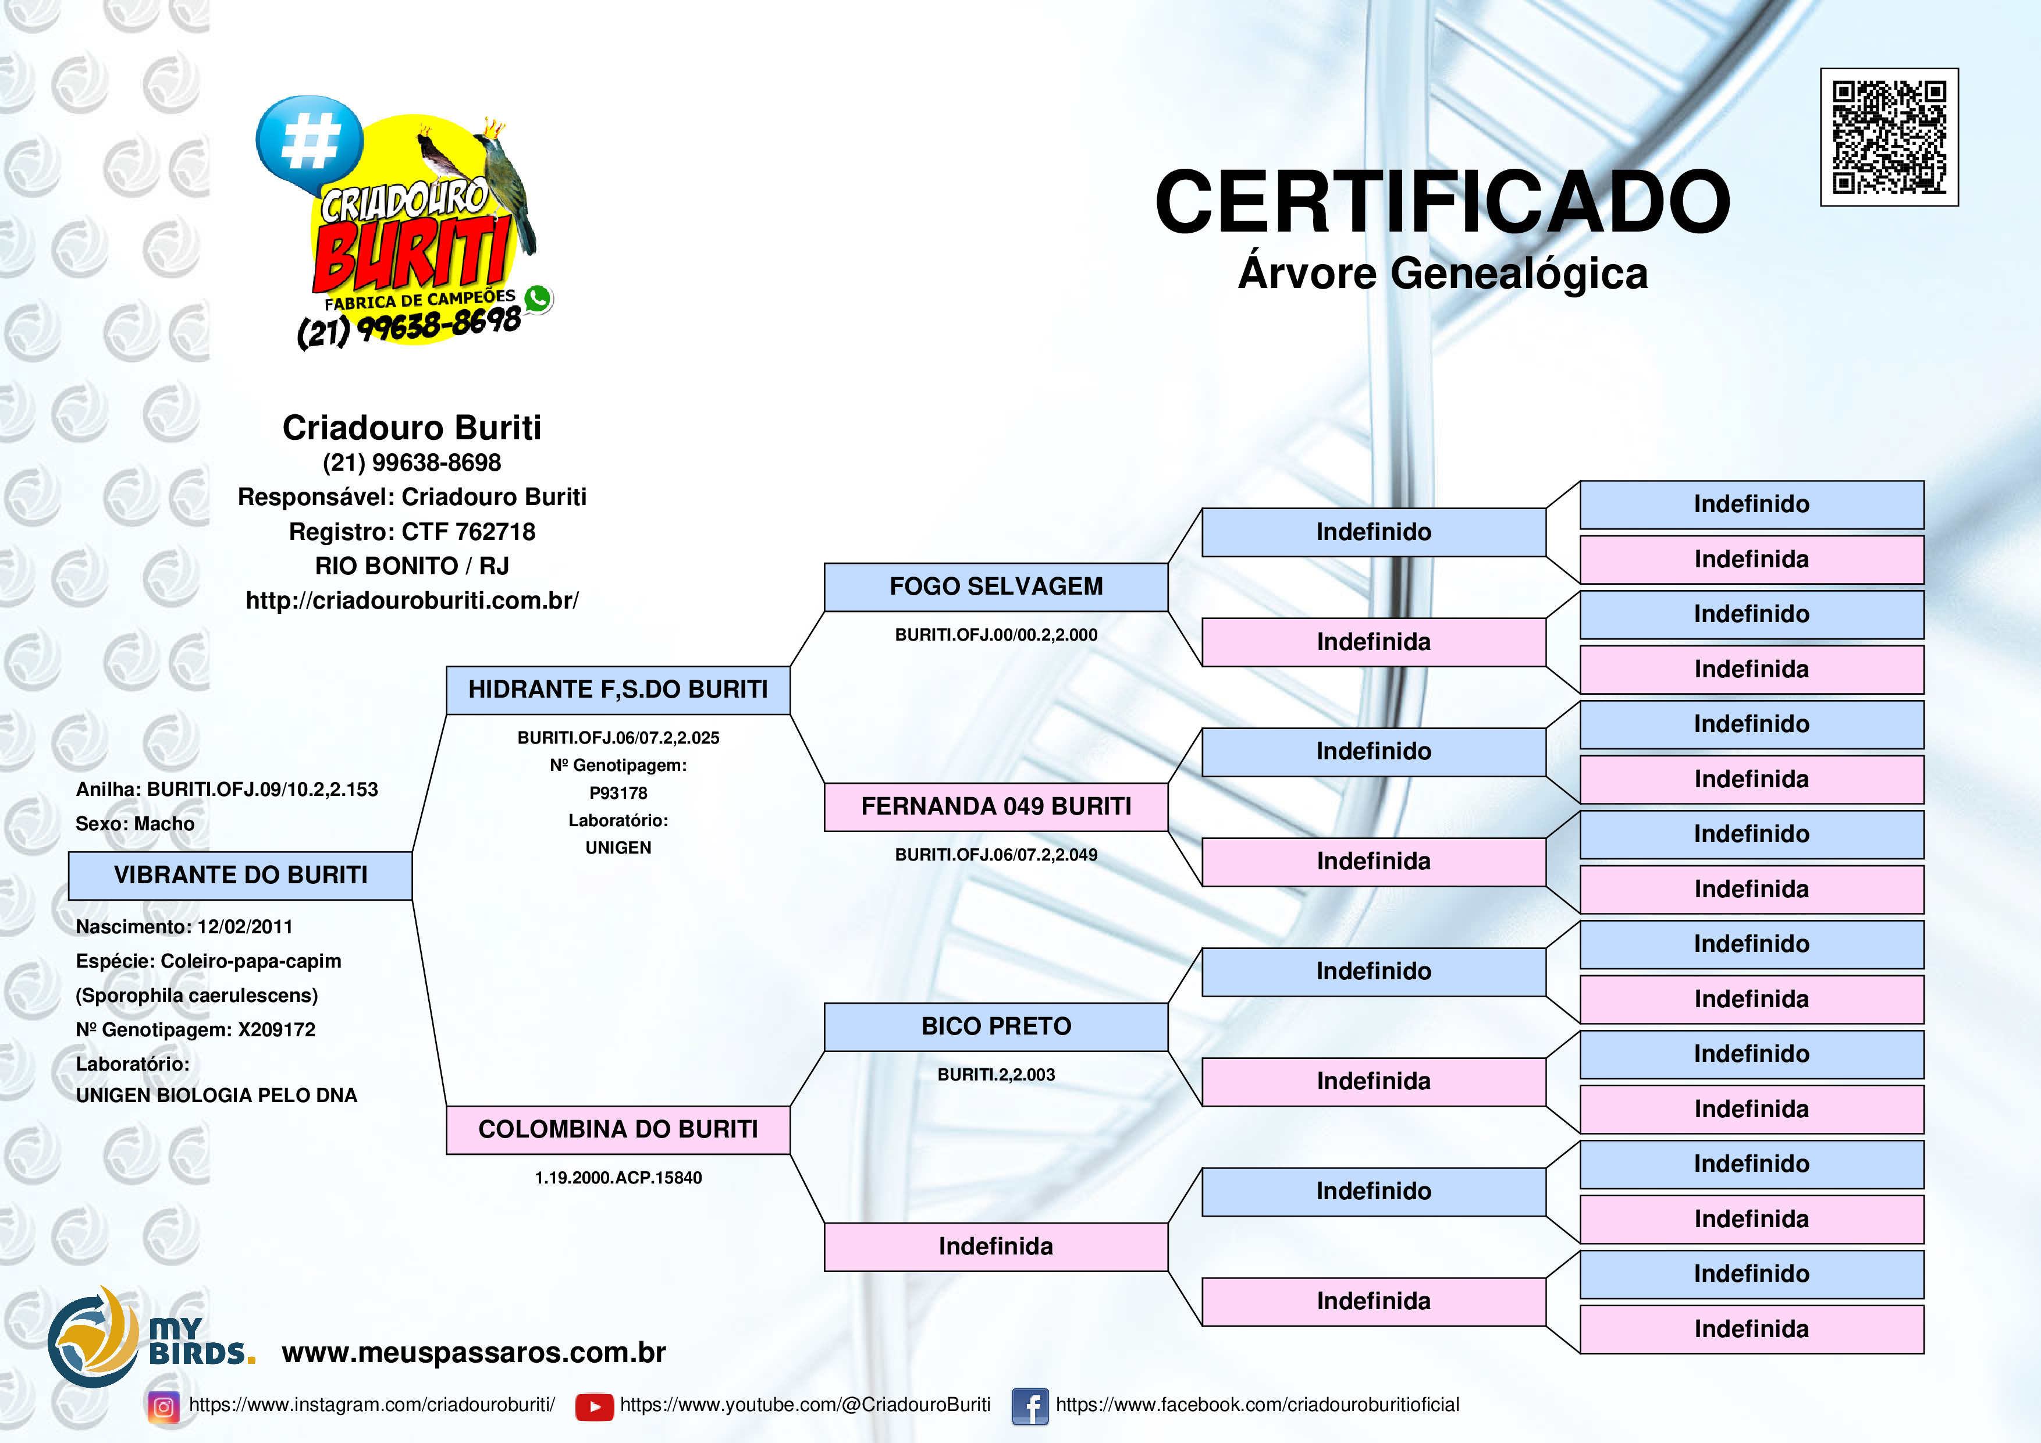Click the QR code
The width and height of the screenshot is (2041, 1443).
pyautogui.click(x=1889, y=137)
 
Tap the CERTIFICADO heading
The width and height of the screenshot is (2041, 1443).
pyautogui.click(x=1442, y=202)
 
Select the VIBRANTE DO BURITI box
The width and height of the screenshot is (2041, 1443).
pyautogui.click(x=240, y=876)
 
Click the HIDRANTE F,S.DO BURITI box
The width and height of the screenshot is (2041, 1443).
pyautogui.click(x=618, y=690)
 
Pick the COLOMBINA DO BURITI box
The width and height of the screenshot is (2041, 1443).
pyautogui.click(x=618, y=1130)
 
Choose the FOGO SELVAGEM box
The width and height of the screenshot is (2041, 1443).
pyautogui.click(x=995, y=587)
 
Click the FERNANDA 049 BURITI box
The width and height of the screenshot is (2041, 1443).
pyautogui.click(x=995, y=806)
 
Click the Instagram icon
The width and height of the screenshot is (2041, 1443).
pyautogui.click(x=163, y=1406)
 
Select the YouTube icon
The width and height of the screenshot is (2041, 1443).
pyautogui.click(x=594, y=1406)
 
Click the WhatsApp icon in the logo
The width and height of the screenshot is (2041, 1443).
pyautogui.click(x=537, y=298)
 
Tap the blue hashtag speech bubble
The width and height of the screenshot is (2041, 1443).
pyautogui.click(x=308, y=140)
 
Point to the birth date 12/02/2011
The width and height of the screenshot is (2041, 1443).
pyautogui.click(x=246, y=926)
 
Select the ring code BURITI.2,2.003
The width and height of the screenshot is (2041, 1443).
pyautogui.click(x=995, y=1075)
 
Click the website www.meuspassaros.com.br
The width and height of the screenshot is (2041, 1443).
pyautogui.click(x=473, y=1352)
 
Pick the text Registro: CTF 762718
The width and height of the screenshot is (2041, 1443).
pyautogui.click(x=411, y=532)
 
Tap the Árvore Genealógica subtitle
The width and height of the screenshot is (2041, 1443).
pyautogui.click(x=1442, y=273)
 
